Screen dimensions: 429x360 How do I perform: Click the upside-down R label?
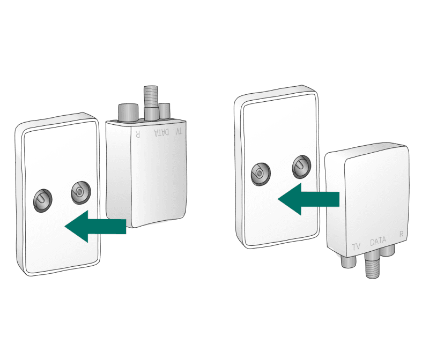138,134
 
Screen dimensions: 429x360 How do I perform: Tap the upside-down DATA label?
162,132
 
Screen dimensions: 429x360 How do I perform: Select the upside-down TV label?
179,131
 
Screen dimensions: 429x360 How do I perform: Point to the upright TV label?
356,246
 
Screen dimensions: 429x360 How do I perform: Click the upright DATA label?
378,242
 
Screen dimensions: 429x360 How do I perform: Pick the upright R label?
401,234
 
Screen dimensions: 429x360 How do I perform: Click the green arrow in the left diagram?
95,226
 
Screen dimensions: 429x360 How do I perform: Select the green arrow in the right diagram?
309,199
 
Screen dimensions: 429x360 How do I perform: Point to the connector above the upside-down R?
128,112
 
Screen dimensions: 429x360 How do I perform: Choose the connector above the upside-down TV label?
165,111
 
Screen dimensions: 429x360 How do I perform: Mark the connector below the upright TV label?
349,261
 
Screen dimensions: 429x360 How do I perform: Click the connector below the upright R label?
388,250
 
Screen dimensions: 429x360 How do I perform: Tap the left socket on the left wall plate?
43,200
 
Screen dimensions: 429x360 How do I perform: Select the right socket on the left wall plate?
81,192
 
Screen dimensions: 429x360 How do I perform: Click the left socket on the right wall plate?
261,174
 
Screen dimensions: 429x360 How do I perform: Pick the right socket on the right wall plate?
301,167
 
